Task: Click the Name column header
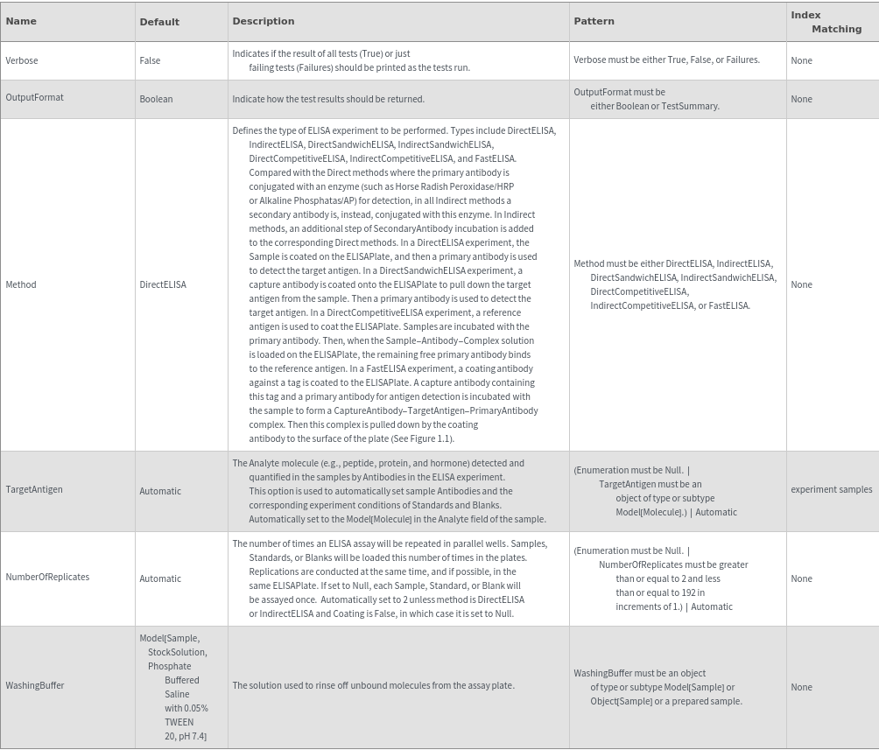[21, 21]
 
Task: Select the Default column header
[159, 22]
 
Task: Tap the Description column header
[263, 21]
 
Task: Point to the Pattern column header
[594, 21]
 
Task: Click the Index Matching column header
[826, 22]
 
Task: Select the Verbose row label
[22, 60]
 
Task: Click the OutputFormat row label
[34, 97]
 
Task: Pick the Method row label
[21, 284]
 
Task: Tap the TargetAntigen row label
[34, 489]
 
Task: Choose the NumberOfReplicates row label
[47, 577]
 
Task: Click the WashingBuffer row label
[35, 685]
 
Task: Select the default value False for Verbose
[150, 60]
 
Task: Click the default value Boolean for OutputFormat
[156, 99]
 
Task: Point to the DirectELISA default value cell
[163, 284]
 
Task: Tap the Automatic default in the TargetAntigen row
[160, 491]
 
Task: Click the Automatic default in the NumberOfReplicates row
[160, 578]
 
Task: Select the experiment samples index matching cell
[831, 489]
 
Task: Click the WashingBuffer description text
[373, 685]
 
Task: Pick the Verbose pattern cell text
[666, 60]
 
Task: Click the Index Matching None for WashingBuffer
[801, 687]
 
